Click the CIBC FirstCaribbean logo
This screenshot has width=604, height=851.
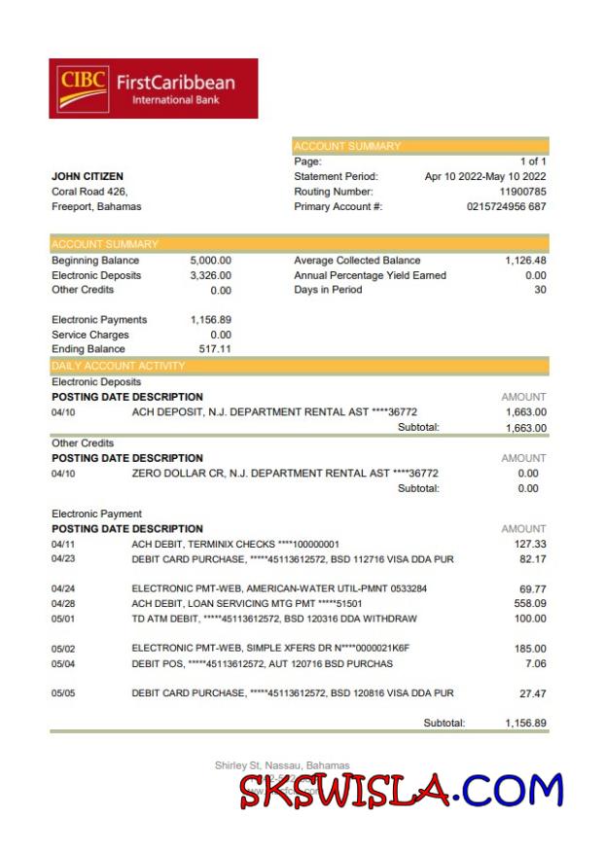click(x=153, y=89)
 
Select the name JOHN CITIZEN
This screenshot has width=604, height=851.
click(x=87, y=177)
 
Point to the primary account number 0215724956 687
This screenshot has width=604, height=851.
click(x=506, y=206)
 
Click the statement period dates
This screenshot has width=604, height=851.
click(x=485, y=177)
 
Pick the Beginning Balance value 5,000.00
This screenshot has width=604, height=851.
click(x=210, y=261)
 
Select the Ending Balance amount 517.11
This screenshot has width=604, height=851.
click(x=215, y=349)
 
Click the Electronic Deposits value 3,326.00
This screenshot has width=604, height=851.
click(x=210, y=275)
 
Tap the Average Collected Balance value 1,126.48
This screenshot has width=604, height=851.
click(x=525, y=261)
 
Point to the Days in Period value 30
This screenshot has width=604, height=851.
click(x=540, y=290)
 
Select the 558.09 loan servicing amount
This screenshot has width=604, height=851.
click(x=530, y=604)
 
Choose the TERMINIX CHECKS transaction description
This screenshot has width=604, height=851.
click(x=235, y=545)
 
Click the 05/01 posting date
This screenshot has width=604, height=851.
click(x=62, y=619)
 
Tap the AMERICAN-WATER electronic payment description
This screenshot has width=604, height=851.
click(x=279, y=588)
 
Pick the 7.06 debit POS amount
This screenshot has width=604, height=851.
click(x=535, y=663)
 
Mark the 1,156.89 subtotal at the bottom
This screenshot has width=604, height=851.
click(x=525, y=723)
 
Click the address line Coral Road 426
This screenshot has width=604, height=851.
click(x=89, y=192)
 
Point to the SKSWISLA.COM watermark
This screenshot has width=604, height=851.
click(x=401, y=791)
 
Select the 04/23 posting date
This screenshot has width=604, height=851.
click(x=62, y=559)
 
